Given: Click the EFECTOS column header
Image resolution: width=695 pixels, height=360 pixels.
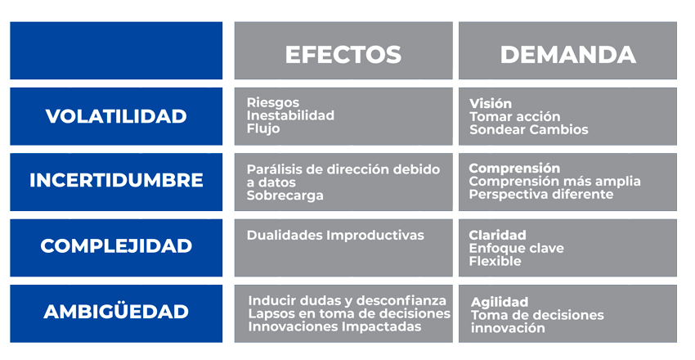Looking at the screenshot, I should (x=343, y=54).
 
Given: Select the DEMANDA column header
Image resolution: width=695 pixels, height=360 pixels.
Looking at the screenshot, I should (x=567, y=54).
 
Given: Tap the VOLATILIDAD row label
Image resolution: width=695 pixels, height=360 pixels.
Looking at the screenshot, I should (x=116, y=116).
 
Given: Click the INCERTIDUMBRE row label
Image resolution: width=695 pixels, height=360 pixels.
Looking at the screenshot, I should (x=116, y=181).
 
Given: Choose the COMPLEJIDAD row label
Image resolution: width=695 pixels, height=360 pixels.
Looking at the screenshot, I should (x=116, y=246).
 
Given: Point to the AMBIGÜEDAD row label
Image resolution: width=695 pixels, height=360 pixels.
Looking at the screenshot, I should (x=116, y=312).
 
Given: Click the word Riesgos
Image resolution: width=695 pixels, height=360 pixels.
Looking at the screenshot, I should (x=267, y=103).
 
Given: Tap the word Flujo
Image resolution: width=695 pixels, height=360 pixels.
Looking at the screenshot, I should (x=262, y=128).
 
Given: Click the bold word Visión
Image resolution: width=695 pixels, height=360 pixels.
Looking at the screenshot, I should (x=490, y=104).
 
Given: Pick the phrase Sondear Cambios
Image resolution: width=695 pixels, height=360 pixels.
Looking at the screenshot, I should (x=528, y=129).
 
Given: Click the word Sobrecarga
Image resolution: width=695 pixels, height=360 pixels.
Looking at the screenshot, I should (x=285, y=196).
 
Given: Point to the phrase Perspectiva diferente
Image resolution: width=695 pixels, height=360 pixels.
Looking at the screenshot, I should (x=540, y=195).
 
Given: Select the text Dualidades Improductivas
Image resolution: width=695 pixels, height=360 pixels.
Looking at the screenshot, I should (x=335, y=236).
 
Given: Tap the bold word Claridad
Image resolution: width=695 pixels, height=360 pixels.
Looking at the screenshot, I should (x=497, y=236).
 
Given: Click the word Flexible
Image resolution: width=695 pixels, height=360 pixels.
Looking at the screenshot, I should (x=495, y=262).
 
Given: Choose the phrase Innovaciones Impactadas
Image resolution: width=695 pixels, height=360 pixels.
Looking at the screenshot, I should (x=334, y=327).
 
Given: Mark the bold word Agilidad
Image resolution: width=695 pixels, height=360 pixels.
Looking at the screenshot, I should (x=500, y=302).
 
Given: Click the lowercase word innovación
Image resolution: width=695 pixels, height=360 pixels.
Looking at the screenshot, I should (x=507, y=328).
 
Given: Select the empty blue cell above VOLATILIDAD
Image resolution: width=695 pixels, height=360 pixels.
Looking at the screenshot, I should (x=116, y=51).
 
